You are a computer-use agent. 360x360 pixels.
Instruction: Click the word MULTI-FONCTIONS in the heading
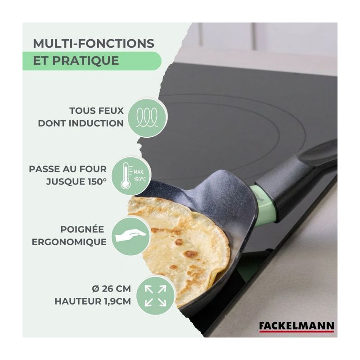pyautogui.click(x=94, y=43)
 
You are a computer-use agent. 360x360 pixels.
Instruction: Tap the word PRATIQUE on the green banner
pyautogui.click(x=85, y=60)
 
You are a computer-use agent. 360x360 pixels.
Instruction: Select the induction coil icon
pyautogui.click(x=147, y=117)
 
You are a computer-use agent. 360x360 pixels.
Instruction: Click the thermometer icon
pyautogui.click(x=126, y=175)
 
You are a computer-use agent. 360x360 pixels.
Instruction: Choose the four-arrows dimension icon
pyautogui.click(x=155, y=296)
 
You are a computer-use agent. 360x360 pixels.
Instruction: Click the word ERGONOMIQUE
pyautogui.click(x=69, y=242)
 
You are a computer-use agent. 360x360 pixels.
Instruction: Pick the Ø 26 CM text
pyautogui.click(x=111, y=288)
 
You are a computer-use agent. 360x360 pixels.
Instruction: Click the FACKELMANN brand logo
pyautogui.click(x=297, y=327)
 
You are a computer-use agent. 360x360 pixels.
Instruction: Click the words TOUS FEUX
pyautogui.click(x=97, y=111)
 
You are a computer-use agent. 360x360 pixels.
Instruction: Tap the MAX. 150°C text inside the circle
pyautogui.click(x=139, y=175)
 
